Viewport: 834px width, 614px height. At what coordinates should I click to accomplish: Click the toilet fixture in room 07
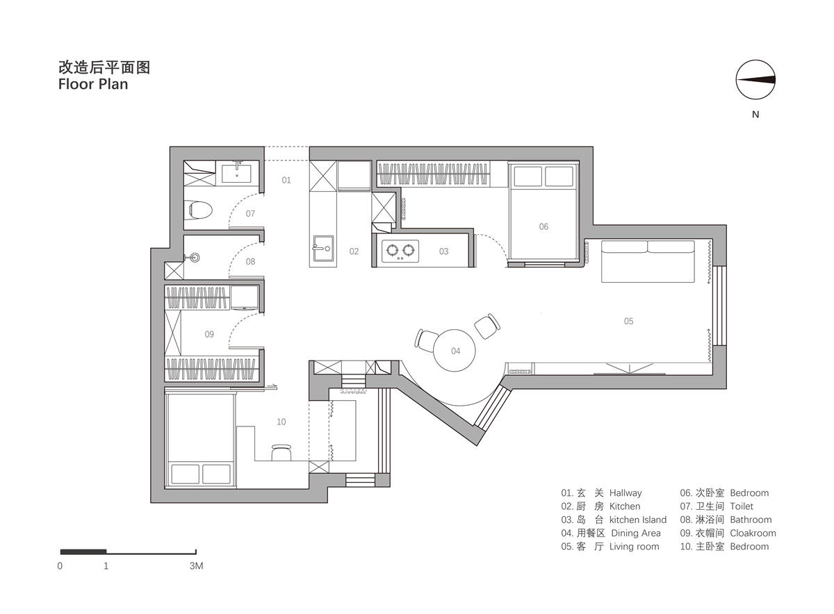pyautogui.click(x=200, y=210)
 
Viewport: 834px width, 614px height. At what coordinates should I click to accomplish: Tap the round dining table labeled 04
pyautogui.click(x=455, y=351)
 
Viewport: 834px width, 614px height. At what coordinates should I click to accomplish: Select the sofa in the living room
pyautogui.click(x=648, y=261)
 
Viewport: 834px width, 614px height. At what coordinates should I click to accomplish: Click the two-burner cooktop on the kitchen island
pyautogui.click(x=400, y=251)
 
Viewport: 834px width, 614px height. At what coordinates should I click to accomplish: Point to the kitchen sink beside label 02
pyautogui.click(x=322, y=249)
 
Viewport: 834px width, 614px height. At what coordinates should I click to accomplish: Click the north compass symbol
pyautogui.click(x=755, y=80)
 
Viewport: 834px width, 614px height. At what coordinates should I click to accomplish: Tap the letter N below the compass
pyautogui.click(x=755, y=114)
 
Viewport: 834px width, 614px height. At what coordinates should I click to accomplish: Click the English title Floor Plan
pyautogui.click(x=93, y=84)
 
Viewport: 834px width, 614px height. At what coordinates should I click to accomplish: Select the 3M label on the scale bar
pyautogui.click(x=196, y=566)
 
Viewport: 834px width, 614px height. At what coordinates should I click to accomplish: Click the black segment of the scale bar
pyautogui.click(x=83, y=551)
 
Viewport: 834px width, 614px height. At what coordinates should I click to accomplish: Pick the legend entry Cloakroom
pyautogui.click(x=753, y=533)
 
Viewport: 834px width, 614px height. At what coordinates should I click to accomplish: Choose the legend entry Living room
pyautogui.click(x=634, y=547)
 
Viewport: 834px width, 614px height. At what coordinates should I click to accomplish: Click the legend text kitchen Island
pyautogui.click(x=638, y=520)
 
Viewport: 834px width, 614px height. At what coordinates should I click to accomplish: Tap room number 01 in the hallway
pyautogui.click(x=286, y=180)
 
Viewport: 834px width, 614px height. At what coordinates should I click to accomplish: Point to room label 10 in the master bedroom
pyautogui.click(x=281, y=422)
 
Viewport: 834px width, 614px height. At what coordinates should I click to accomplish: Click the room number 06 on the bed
pyautogui.click(x=543, y=226)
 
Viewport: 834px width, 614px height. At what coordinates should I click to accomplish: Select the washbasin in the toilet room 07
pyautogui.click(x=237, y=172)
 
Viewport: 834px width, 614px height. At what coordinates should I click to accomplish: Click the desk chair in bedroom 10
pyautogui.click(x=281, y=452)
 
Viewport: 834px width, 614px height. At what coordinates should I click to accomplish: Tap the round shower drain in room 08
pyautogui.click(x=195, y=258)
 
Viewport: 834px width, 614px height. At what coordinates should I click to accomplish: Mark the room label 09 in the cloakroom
pyautogui.click(x=209, y=334)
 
